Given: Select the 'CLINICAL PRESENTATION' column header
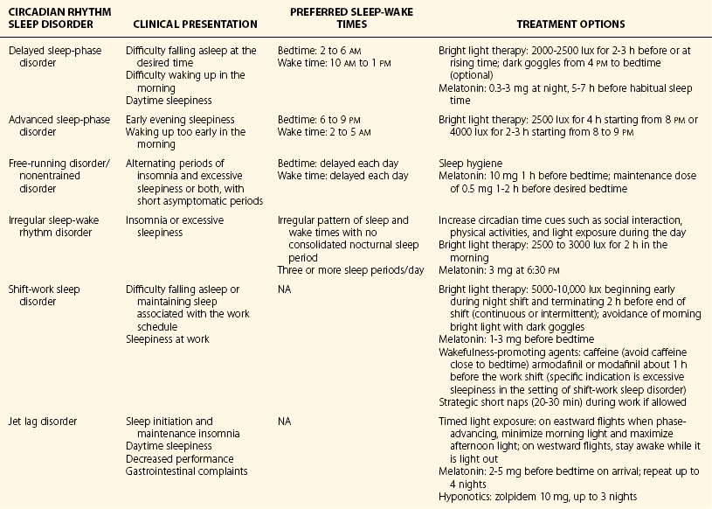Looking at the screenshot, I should click(x=191, y=24).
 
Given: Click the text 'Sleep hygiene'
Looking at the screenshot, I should click(x=467, y=164).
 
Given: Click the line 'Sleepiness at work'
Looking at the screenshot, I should click(x=167, y=338).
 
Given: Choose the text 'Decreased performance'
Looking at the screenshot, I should click(x=180, y=459).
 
